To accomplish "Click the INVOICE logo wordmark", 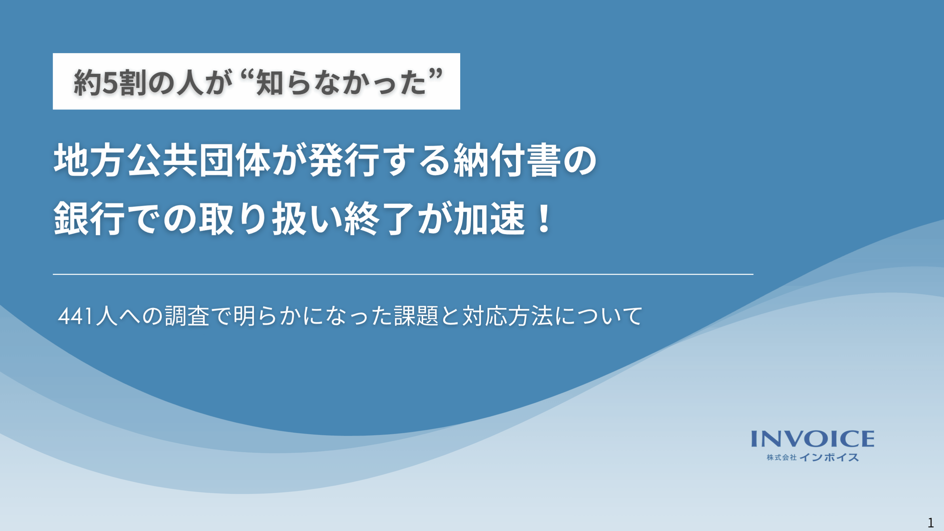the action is pos(813,439).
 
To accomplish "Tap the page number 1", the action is pos(931,522).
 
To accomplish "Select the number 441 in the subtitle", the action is pos(75,316).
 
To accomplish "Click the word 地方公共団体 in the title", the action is pos(162,161).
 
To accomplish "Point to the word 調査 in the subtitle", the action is pos(187,316).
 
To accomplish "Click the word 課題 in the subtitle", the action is pos(416,316).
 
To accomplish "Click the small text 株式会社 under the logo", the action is pos(782,457).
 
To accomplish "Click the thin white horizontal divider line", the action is pos(403,274).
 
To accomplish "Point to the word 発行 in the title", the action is pos(344,161).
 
